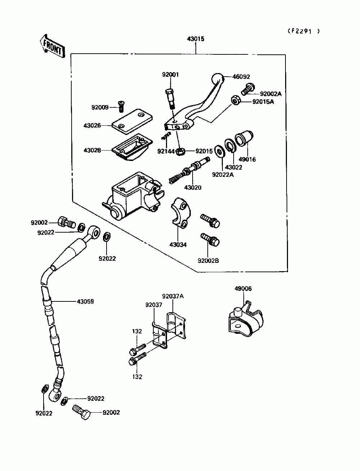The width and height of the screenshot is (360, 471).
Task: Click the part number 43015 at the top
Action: pos(195,39)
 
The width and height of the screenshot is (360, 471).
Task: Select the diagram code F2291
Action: pos(303,31)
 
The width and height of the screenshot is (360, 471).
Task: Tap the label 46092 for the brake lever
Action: pos(241,77)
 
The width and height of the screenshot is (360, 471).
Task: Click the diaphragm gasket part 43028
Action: pos(132,147)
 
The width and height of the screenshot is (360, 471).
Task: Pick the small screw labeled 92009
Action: pos(122,107)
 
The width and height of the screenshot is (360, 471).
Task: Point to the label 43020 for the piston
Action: pos(193,188)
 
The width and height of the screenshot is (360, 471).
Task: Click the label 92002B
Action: pos(208,261)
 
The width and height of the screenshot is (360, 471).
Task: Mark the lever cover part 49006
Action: pos(246,319)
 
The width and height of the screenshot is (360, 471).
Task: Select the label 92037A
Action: pos(173,296)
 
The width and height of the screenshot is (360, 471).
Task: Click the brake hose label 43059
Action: pos(85,301)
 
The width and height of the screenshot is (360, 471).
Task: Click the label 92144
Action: pos(166,152)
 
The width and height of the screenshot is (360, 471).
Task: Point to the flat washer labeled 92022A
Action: pos(219,151)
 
